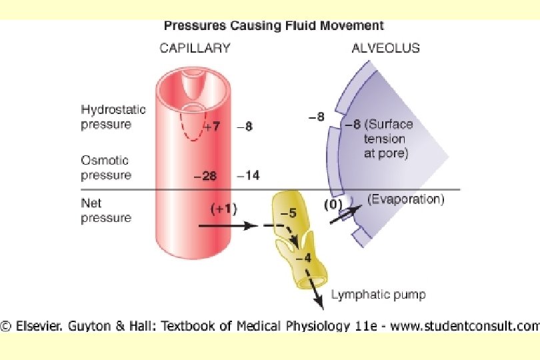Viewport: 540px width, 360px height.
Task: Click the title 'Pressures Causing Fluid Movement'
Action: coord(273,26)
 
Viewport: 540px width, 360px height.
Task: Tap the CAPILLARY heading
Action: coord(195,48)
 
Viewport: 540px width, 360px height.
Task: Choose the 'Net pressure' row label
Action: coord(105,210)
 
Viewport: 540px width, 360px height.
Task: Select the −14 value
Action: coord(248,176)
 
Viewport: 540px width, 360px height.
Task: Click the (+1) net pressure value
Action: coord(223,209)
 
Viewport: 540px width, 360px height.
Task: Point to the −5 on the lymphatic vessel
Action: coord(288,213)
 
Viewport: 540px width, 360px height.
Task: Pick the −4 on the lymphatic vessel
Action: coord(303,258)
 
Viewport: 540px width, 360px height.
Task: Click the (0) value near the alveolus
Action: coord(332,204)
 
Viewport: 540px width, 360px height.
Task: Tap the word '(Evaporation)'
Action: coord(405,199)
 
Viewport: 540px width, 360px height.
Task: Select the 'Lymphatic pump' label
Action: coord(377,294)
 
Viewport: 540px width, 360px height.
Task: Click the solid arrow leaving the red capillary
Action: coord(227,226)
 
